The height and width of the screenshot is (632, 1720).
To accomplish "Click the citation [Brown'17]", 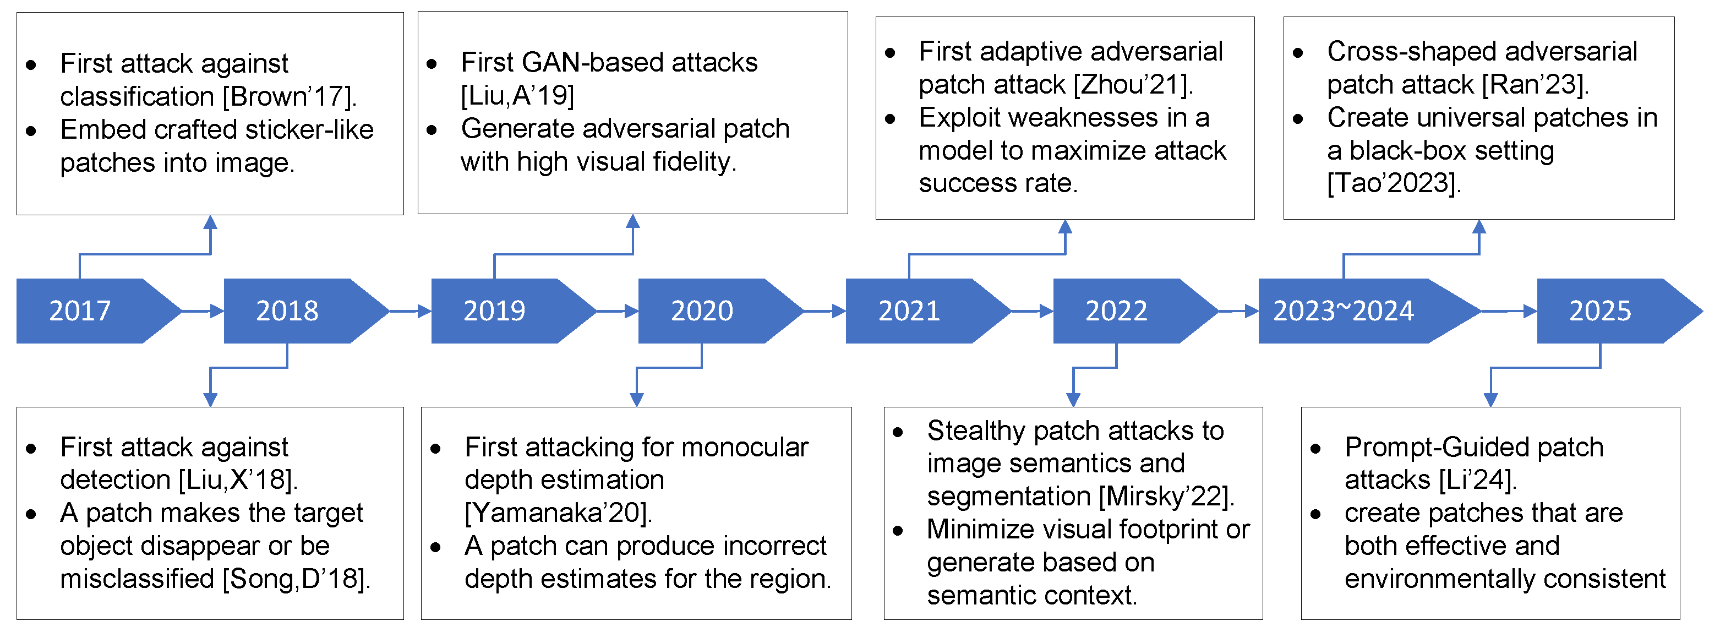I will (290, 97).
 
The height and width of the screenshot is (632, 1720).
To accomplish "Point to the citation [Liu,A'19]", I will (517, 96).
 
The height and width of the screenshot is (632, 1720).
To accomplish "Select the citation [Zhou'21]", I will (1133, 85).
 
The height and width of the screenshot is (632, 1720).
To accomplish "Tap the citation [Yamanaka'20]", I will (558, 513).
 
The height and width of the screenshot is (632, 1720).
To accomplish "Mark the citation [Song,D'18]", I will (296, 579).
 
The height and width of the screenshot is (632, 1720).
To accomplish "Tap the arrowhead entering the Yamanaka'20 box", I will (637, 400).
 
